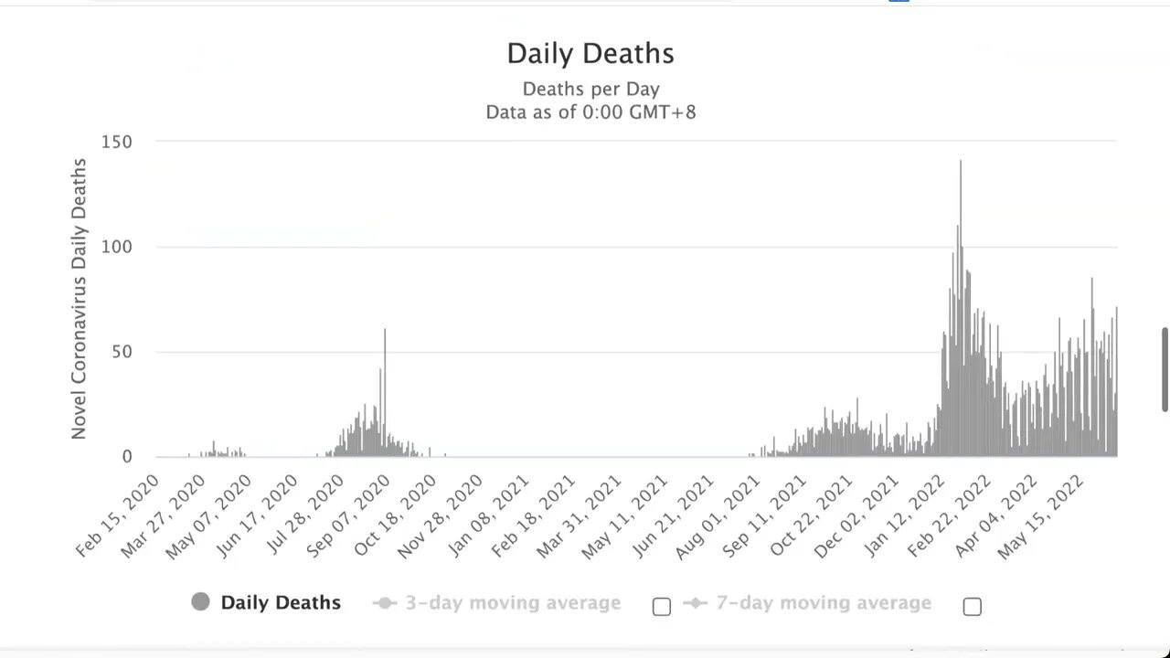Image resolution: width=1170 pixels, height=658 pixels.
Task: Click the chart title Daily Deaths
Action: pyautogui.click(x=590, y=53)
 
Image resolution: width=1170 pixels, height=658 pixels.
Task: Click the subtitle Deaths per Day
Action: pyautogui.click(x=590, y=89)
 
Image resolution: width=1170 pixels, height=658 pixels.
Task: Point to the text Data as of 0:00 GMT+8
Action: pyautogui.click(x=590, y=112)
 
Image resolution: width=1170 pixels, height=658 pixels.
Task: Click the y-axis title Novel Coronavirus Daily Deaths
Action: pyautogui.click(x=80, y=299)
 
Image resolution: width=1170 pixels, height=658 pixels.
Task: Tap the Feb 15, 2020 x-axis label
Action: pyautogui.click(x=117, y=516)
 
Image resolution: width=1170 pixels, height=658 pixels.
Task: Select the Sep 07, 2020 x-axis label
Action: pyautogui.click(x=349, y=516)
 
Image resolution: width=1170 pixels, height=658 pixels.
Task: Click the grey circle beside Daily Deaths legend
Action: pyautogui.click(x=201, y=601)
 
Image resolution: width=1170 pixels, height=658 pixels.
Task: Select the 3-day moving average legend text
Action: pyautogui.click(x=513, y=603)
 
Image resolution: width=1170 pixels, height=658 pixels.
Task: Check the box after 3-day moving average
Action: pyautogui.click(x=662, y=606)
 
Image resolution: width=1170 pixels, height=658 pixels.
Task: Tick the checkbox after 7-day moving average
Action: pyautogui.click(x=973, y=606)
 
